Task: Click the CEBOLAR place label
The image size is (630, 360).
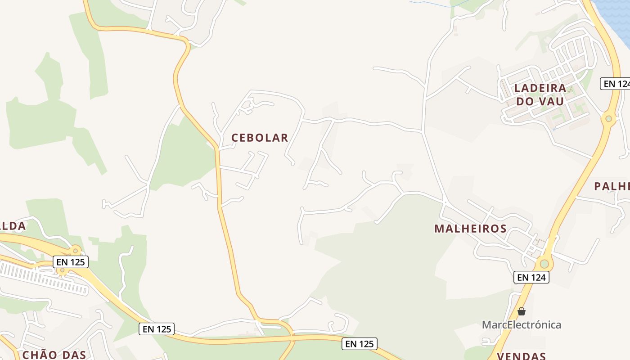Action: (x=260, y=138)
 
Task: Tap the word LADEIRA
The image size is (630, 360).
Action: (x=540, y=88)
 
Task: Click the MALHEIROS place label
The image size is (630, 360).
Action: (x=470, y=229)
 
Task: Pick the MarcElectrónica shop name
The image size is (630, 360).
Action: (x=521, y=324)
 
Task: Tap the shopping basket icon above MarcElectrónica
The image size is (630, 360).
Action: (x=521, y=311)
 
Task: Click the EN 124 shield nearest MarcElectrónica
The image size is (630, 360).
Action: (x=531, y=277)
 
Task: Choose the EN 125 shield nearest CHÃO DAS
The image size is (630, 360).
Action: (x=156, y=329)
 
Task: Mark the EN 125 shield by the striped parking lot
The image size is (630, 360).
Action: (x=71, y=261)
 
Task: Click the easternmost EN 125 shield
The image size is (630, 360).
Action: (x=359, y=344)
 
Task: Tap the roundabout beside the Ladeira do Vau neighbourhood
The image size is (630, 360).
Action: (x=608, y=118)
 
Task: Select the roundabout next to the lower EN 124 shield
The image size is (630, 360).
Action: (x=544, y=263)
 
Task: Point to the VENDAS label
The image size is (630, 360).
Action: (x=521, y=356)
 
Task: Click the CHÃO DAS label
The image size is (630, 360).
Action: (x=54, y=355)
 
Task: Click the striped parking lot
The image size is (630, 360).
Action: (x=43, y=278)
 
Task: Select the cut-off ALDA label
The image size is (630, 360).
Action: (x=13, y=226)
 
